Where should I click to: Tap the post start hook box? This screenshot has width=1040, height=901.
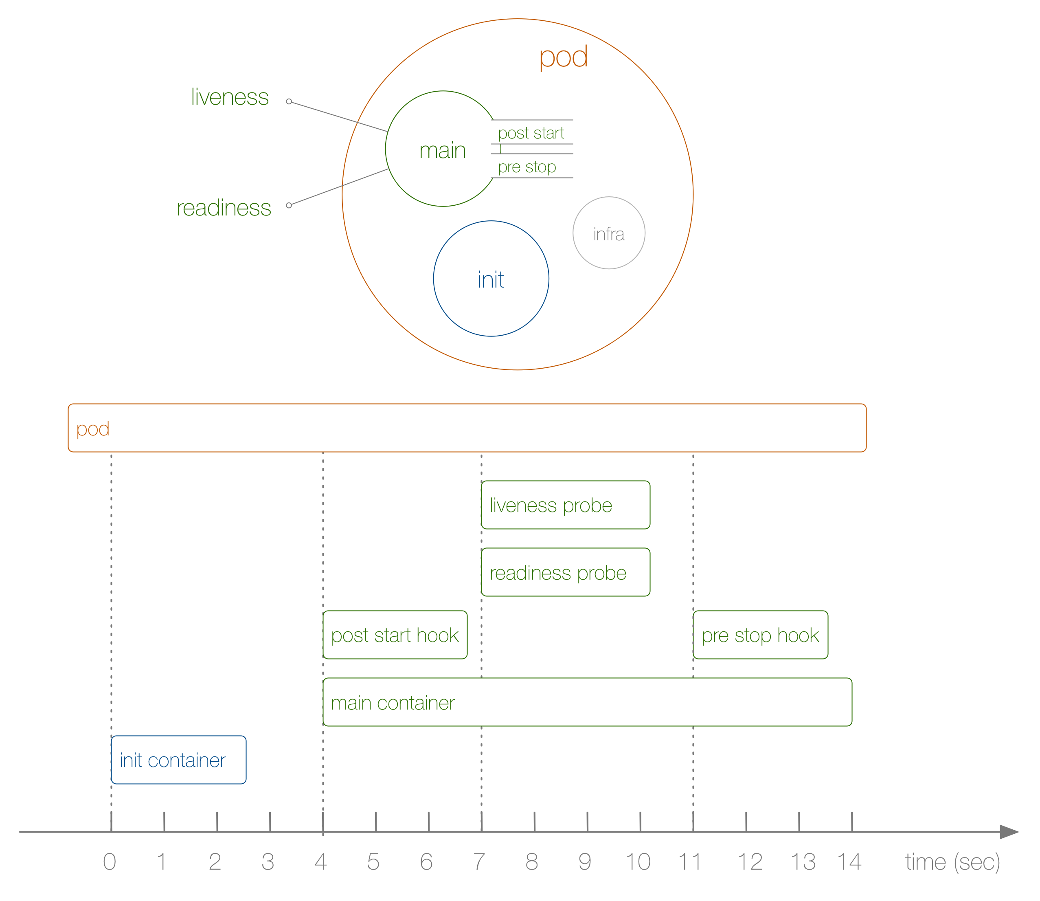395,635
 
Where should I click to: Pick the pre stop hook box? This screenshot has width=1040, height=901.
760,635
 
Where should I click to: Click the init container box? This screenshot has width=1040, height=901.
178,760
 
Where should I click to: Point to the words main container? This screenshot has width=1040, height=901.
393,702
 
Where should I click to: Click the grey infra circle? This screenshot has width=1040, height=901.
609,233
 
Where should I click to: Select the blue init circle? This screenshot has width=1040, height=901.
491,279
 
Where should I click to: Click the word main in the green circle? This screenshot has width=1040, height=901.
442,150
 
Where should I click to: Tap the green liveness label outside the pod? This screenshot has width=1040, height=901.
230,97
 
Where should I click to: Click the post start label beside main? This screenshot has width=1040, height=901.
531,133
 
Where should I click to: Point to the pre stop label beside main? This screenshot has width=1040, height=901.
527,167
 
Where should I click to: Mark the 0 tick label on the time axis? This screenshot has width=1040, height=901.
110,862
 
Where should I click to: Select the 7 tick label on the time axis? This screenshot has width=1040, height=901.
479,862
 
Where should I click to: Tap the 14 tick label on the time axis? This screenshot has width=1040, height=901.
849,862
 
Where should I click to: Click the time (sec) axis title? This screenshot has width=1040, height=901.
952,862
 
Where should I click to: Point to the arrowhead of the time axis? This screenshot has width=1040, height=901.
1009,832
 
